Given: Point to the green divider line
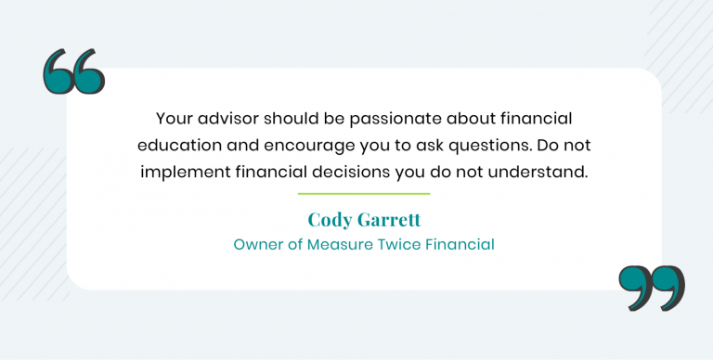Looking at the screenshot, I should click(x=364, y=194).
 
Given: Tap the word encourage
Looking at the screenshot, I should click(x=299, y=146).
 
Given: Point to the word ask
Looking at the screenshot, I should click(x=429, y=146).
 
